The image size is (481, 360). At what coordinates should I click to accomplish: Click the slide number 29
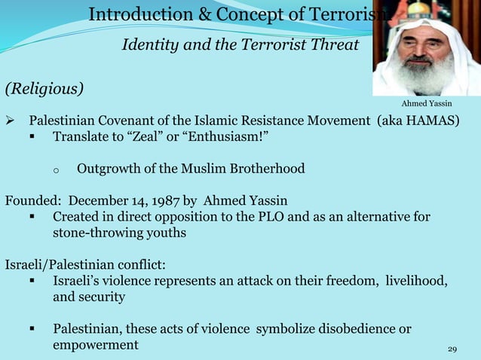coord(452,349)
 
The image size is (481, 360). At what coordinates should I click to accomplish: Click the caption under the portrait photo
coord(427,103)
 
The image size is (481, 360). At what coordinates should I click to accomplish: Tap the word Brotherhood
coord(265,168)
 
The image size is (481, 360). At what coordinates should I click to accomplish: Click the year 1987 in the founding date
coord(164,201)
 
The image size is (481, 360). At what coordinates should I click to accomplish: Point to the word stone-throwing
coord(96,233)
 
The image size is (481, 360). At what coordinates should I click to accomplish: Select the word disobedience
coord(355,329)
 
